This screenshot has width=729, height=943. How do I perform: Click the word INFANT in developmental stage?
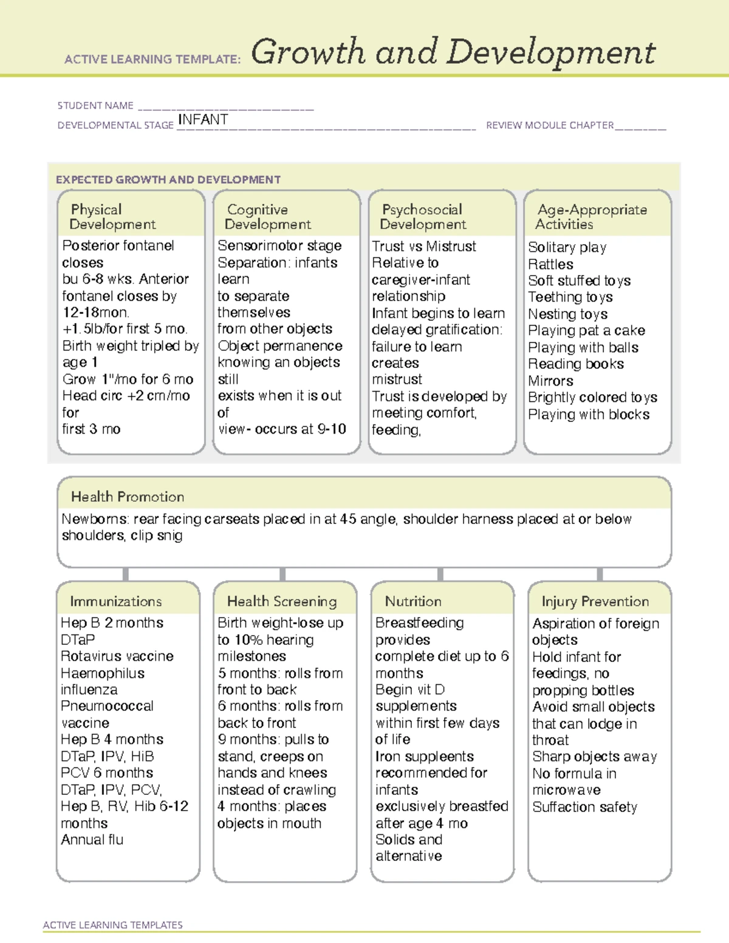[203, 120]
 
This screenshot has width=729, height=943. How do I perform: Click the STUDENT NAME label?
[95, 106]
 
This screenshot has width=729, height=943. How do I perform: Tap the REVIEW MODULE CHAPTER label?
[550, 125]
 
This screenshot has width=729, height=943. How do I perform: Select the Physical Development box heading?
[112, 217]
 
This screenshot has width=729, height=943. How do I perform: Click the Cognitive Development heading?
[267, 217]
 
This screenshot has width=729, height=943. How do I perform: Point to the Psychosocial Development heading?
[423, 217]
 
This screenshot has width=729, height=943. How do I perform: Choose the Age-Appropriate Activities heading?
[592, 217]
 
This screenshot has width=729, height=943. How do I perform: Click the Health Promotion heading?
[128, 497]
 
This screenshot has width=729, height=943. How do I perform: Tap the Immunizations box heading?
[116, 601]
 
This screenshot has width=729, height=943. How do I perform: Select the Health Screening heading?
[282, 601]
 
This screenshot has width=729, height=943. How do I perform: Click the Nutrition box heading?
[413, 601]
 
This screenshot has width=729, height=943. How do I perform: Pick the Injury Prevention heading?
[595, 601]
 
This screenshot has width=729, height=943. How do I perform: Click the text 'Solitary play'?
[567, 247]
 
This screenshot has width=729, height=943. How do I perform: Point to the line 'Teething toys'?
[570, 297]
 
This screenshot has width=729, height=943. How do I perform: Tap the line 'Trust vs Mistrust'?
[424, 246]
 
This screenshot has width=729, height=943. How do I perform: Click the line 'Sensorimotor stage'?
[279, 245]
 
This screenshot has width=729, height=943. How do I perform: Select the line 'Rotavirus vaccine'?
[117, 656]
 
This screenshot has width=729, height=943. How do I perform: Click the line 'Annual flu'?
[92, 839]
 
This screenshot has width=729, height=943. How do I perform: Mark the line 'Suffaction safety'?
[584, 807]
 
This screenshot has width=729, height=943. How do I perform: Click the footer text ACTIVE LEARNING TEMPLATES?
[113, 925]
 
